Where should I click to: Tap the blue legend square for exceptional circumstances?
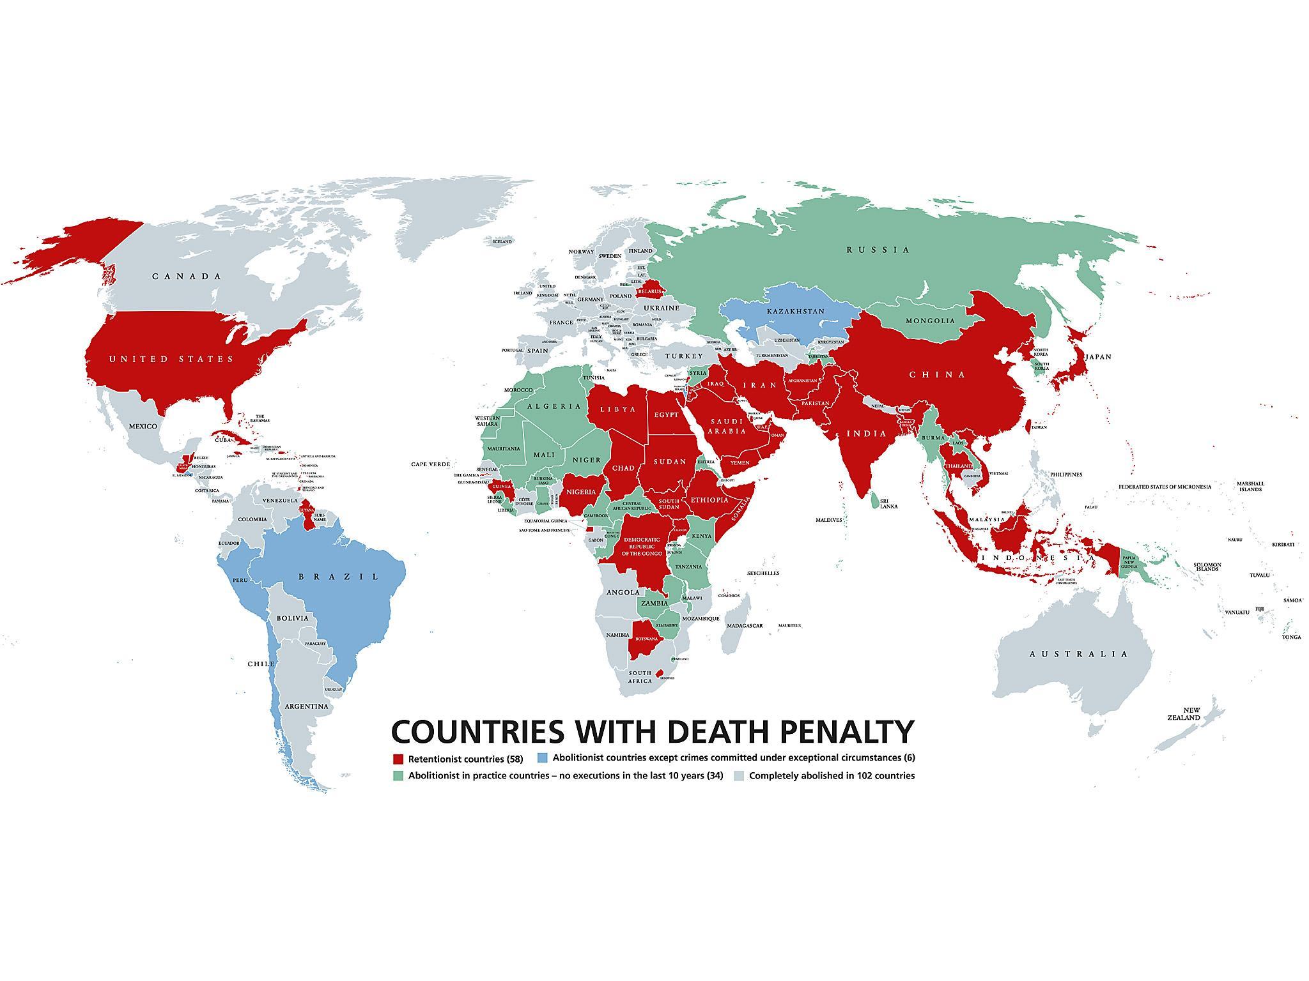543,758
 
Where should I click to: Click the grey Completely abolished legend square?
739,776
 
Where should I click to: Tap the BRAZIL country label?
339,577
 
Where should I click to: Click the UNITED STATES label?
171,359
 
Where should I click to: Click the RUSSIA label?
878,250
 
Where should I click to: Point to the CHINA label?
937,375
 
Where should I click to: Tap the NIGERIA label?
582,492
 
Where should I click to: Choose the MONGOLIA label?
930,321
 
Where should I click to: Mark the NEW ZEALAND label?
1191,714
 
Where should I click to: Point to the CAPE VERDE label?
430,464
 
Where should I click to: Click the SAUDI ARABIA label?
729,426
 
